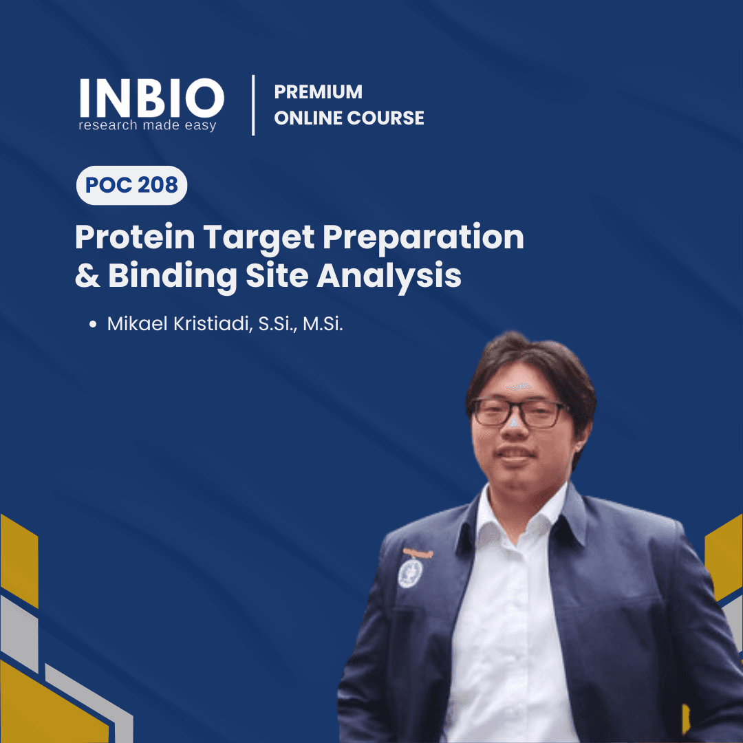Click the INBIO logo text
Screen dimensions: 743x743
(x=151, y=97)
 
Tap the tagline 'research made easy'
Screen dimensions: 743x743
(x=147, y=126)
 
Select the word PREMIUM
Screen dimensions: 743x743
(x=318, y=91)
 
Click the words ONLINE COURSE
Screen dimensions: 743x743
(x=349, y=118)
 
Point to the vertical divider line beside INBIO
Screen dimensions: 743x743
(x=253, y=105)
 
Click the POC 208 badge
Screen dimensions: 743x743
(x=131, y=185)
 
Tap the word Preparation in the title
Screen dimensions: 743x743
(x=423, y=237)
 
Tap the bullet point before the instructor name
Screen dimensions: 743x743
(x=92, y=325)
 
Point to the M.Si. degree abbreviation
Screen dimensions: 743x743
(x=323, y=324)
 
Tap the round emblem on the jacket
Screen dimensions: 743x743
(x=410, y=572)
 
